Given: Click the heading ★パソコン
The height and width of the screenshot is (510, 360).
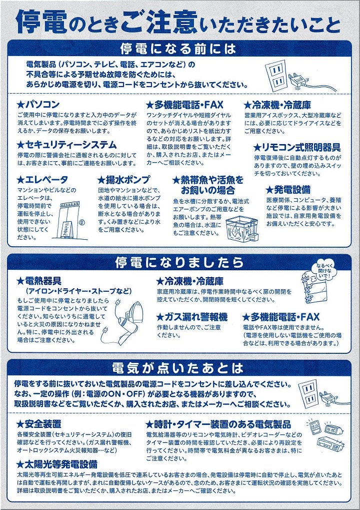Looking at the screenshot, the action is pyautogui.click(x=38, y=105).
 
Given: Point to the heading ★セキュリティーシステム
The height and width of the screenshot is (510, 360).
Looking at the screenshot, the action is pyautogui.click(x=66, y=145).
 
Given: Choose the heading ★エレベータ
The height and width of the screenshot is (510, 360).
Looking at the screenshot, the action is pyautogui.click(x=42, y=180).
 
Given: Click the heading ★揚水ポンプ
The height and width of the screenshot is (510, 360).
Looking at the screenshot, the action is pyautogui.click(x=124, y=180).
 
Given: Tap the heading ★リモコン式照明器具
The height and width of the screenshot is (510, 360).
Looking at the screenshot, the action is pyautogui.click(x=297, y=148).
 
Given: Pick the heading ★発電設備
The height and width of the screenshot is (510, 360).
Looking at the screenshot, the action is pyautogui.click(x=288, y=189).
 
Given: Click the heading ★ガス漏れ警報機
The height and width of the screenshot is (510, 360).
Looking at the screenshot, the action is pyautogui.click(x=191, y=317).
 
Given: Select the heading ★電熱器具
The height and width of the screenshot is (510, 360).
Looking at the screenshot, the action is pyautogui.click(x=39, y=281).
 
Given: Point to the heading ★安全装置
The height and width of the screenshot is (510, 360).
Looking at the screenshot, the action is pyautogui.click(x=39, y=424).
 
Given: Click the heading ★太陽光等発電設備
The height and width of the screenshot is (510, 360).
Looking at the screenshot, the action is pyautogui.click(x=57, y=464).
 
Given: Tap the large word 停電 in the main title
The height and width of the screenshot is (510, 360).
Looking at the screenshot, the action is pyautogui.click(x=41, y=23).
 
